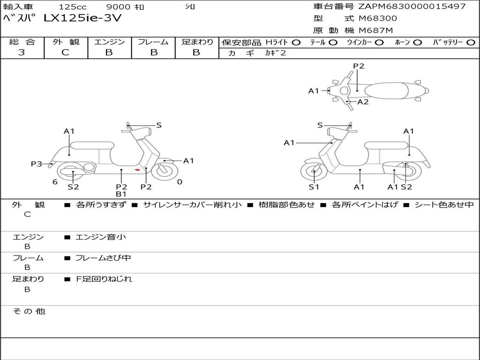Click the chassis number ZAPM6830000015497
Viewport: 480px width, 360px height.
(x=412, y=6)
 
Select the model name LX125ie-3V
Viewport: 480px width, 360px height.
(x=82, y=18)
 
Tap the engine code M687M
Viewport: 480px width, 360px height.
(x=375, y=30)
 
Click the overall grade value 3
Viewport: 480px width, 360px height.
(x=22, y=52)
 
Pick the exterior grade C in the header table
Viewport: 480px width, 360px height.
(x=66, y=52)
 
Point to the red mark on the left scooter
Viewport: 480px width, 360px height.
(x=137, y=170)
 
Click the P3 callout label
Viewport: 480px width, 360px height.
(x=37, y=164)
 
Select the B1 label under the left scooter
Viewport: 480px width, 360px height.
(x=121, y=194)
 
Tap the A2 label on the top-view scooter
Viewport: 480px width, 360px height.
(x=363, y=102)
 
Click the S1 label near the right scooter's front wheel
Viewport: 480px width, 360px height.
(x=314, y=187)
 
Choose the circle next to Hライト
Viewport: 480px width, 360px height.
(x=296, y=43)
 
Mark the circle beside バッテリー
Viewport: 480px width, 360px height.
(x=471, y=43)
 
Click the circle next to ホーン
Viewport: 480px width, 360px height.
(x=417, y=43)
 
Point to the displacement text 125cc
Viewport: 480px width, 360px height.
(x=73, y=7)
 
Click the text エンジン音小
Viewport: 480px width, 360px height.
(x=101, y=237)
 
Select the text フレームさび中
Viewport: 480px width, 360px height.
(x=103, y=258)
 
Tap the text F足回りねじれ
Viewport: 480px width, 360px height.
(x=104, y=279)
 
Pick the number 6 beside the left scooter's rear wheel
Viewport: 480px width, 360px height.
(x=55, y=182)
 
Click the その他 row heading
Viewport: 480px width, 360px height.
(x=29, y=311)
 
